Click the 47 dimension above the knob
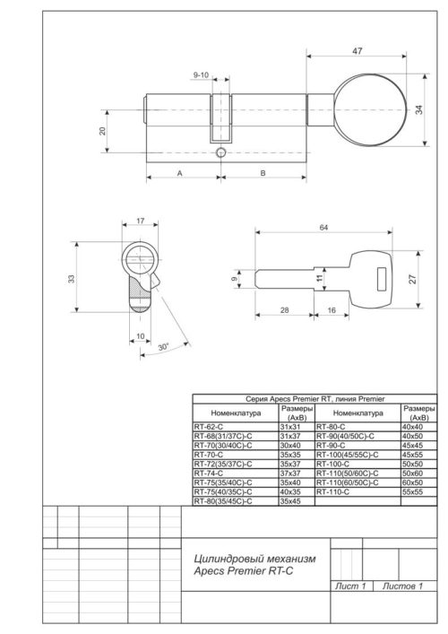[357, 52]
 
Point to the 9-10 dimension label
[201, 75]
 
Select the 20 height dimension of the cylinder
[102, 130]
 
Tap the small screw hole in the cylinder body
[220, 153]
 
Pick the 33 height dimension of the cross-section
[72, 279]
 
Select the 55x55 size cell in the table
[413, 491]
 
